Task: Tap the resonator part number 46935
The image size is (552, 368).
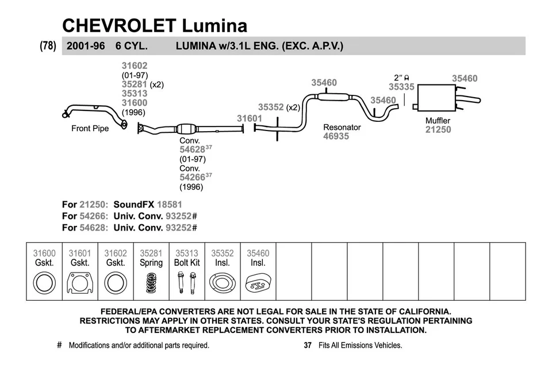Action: (x=336, y=137)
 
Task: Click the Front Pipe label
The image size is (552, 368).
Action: (x=90, y=128)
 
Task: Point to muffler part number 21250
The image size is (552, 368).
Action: (x=438, y=130)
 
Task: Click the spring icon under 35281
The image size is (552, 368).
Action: (x=151, y=282)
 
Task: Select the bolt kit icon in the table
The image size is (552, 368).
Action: (x=187, y=282)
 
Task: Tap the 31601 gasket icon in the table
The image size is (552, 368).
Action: (x=80, y=282)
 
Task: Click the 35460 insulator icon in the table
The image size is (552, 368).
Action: (x=258, y=282)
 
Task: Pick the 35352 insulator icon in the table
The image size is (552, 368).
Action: (x=222, y=282)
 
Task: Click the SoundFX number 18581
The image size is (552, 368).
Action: (x=170, y=205)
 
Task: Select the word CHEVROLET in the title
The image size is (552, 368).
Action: (x=119, y=25)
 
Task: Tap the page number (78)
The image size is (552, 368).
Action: (x=48, y=46)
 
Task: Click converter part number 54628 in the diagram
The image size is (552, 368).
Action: (x=192, y=149)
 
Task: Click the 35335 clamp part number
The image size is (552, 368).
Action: (x=401, y=87)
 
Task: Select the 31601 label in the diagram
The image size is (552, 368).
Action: (x=250, y=118)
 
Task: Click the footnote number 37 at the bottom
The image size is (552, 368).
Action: (x=307, y=346)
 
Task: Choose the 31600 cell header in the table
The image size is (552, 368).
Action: (x=44, y=253)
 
